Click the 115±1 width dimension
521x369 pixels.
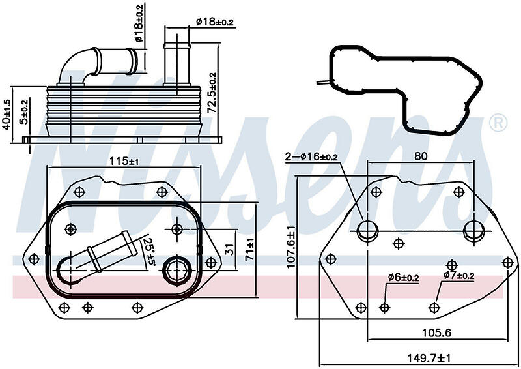tap(124, 161)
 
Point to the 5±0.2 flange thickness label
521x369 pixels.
tap(25, 111)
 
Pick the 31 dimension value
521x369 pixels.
tap(229, 248)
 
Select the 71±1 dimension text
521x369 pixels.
tap(250, 249)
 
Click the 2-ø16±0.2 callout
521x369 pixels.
tap(311, 156)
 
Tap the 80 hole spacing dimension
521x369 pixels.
tap(421, 156)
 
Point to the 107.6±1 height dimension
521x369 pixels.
tap(290, 246)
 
